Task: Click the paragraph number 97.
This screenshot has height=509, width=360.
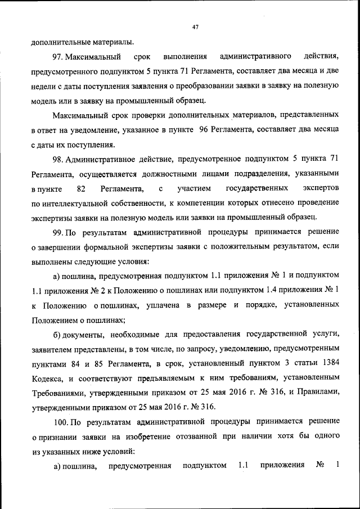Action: point(60,57)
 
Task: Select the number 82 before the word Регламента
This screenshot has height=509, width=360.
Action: point(80,188)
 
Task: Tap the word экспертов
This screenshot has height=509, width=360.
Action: point(323,188)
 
